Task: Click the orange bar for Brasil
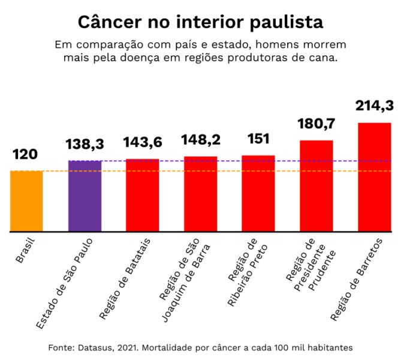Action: coord(26,201)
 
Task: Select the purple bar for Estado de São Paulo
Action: coord(85,196)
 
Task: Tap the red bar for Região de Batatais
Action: coord(142,195)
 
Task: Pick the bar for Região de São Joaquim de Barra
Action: coord(200,194)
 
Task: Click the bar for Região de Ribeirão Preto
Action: coord(258,193)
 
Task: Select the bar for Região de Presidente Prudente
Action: coord(316,185)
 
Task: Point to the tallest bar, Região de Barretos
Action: coord(374,177)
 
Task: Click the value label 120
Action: coord(25,155)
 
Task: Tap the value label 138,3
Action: coord(85,144)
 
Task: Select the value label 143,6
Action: coord(142,142)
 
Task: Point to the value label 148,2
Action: coord(200,140)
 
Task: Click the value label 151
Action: coord(258,139)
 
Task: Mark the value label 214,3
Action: coord(374,105)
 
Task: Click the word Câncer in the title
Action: coord(107,22)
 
